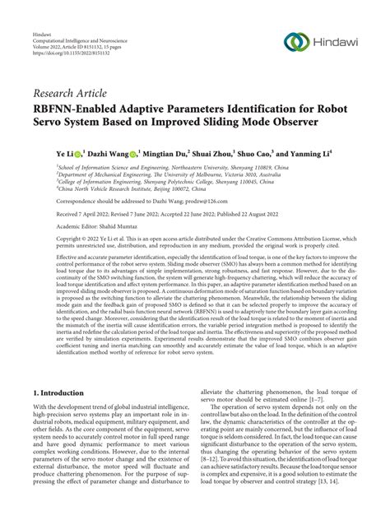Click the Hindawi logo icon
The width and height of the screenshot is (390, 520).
point(297,43)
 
